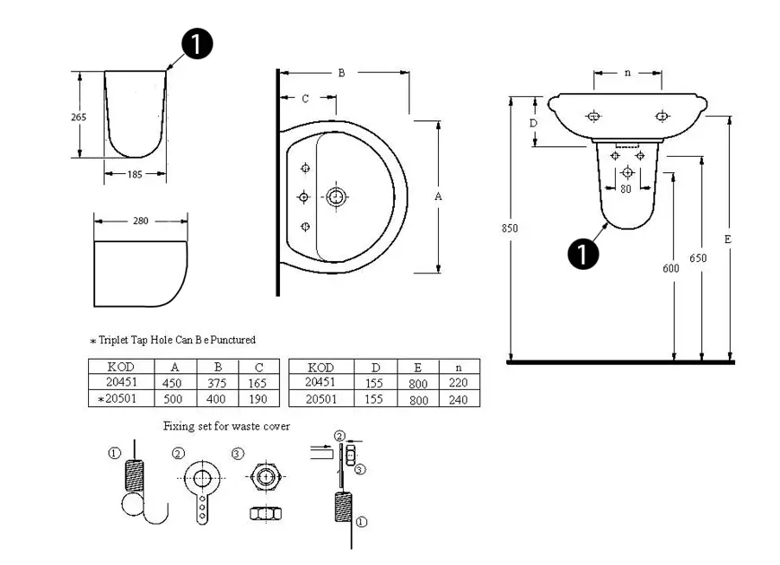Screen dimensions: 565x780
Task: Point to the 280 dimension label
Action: coord(140,220)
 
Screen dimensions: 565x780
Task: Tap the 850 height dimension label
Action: coord(509,229)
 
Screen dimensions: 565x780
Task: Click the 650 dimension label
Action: coord(698,258)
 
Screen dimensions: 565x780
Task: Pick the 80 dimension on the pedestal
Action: coord(626,189)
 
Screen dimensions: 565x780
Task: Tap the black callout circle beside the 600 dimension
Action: coord(583,254)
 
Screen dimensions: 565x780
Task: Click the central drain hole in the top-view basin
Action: coord(337,196)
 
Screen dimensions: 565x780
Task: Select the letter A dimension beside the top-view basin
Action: coord(438,196)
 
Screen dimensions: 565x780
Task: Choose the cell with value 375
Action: coord(217,382)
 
